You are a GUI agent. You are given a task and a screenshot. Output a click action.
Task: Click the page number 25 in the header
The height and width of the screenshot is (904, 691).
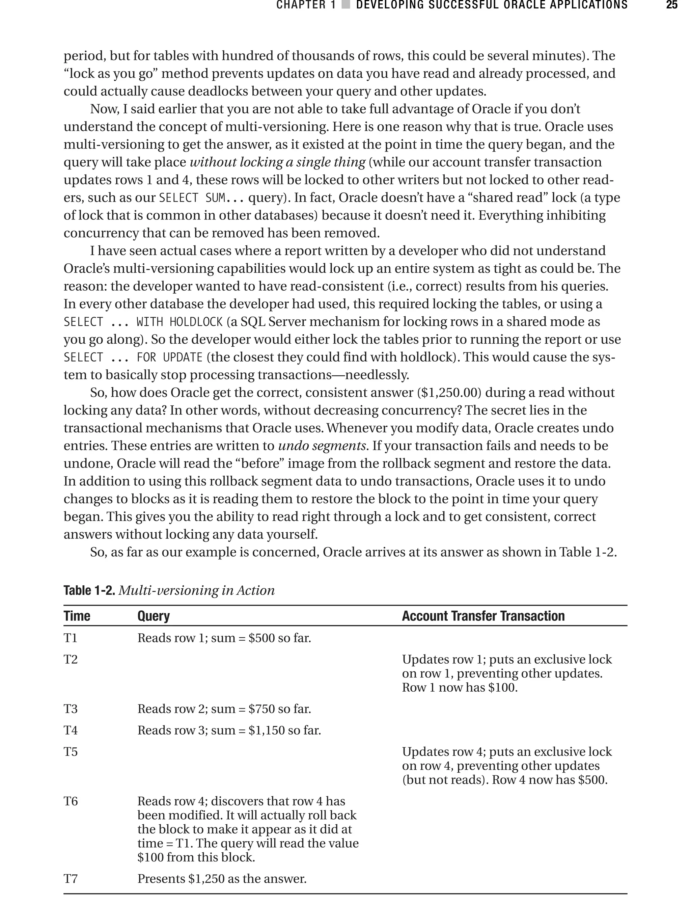click(671, 5)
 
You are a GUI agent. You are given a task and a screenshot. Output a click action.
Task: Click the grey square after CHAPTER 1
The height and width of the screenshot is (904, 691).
click(346, 5)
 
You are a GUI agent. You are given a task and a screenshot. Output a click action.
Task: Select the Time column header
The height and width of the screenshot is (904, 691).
click(77, 616)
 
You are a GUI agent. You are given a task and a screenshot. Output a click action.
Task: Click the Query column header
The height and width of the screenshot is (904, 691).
click(154, 616)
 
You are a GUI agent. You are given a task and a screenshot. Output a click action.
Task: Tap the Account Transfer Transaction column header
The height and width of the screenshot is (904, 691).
click(483, 616)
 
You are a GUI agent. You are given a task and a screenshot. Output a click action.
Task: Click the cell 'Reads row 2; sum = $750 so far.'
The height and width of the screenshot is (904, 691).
click(224, 709)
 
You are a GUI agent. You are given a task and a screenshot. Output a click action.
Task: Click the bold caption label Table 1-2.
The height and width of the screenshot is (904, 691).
click(89, 590)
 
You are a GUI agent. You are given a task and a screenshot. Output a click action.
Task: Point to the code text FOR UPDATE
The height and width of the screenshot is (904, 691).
click(169, 357)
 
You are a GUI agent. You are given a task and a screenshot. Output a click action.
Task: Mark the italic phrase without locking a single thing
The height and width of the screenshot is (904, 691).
click(277, 162)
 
